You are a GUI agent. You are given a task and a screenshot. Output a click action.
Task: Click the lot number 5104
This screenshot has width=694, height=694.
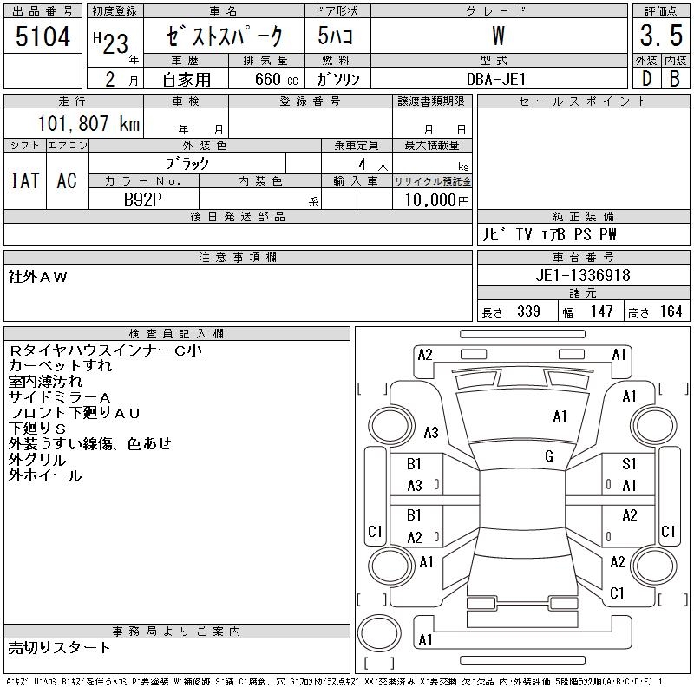tap(43, 36)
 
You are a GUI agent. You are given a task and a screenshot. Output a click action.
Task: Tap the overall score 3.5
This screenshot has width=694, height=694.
tap(660, 36)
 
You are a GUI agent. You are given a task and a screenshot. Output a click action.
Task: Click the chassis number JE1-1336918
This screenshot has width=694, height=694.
tap(583, 275)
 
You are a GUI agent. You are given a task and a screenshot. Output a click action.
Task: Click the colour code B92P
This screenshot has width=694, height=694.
tap(143, 199)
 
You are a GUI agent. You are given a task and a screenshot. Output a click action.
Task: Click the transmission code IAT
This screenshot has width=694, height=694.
tap(24, 180)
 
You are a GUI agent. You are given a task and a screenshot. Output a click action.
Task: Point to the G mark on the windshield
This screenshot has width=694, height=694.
tap(549, 456)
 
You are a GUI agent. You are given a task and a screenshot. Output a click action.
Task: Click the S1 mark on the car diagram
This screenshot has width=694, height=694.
tap(629, 465)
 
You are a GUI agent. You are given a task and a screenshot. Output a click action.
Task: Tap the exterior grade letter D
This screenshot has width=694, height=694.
tap(645, 79)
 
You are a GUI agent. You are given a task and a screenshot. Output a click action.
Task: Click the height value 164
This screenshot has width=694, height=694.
tap(669, 311)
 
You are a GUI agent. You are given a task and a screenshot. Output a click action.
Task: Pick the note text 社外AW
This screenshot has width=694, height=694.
tap(37, 277)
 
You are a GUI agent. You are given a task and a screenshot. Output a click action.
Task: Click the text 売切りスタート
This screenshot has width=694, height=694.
tap(59, 647)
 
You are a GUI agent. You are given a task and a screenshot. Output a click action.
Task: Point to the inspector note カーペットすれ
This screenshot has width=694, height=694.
tap(60, 365)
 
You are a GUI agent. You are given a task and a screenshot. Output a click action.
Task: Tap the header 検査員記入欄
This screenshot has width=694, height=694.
tap(177, 333)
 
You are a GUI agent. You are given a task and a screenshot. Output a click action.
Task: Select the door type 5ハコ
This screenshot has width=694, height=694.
tap(330, 36)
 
